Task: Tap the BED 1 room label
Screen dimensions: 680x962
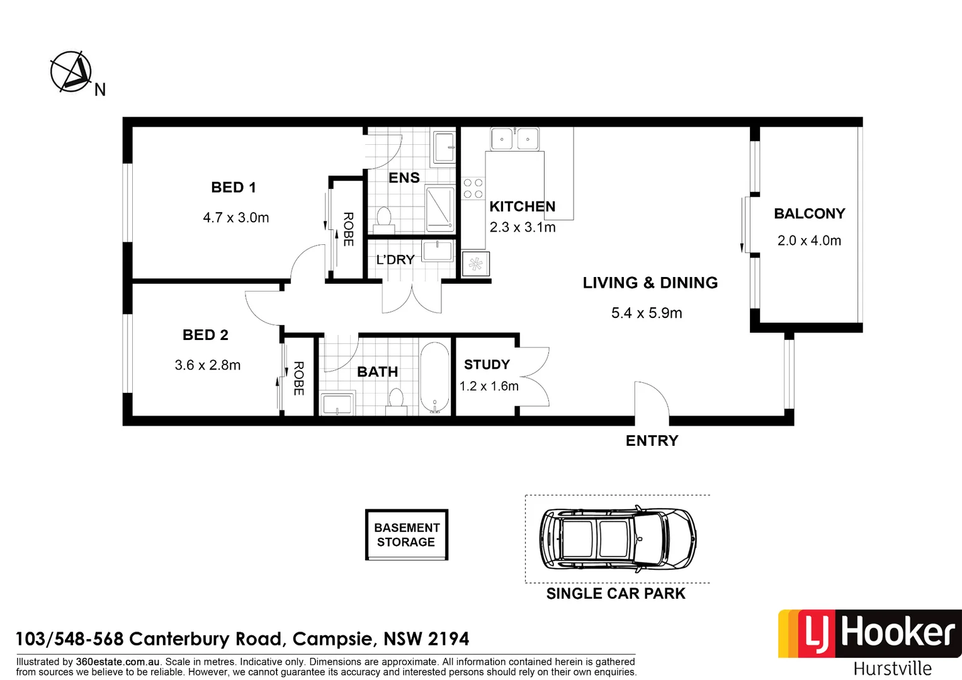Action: click(x=233, y=187)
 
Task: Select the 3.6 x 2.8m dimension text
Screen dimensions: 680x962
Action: click(x=207, y=365)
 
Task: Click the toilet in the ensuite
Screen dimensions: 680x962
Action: click(x=383, y=217)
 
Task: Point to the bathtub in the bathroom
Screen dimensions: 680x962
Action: click(x=434, y=377)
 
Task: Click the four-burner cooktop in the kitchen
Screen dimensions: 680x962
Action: click(x=473, y=188)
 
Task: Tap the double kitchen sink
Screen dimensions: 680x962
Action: click(x=514, y=139)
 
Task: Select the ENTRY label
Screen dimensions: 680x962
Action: click(x=652, y=441)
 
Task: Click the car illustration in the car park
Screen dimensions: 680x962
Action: click(x=617, y=539)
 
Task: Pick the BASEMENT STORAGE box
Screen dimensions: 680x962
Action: click(x=406, y=535)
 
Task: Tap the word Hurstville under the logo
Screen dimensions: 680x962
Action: click(x=892, y=668)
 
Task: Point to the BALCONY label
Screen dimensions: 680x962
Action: click(x=809, y=213)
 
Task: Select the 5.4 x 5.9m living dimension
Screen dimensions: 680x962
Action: click(x=647, y=313)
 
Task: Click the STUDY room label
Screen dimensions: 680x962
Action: click(x=487, y=365)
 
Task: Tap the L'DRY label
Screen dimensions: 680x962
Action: click(x=395, y=259)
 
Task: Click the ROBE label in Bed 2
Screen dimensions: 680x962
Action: click(x=298, y=378)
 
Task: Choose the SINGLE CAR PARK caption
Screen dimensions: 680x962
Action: click(x=615, y=594)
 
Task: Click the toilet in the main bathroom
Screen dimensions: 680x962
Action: click(x=396, y=399)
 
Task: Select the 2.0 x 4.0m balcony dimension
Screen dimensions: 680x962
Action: click(x=809, y=241)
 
